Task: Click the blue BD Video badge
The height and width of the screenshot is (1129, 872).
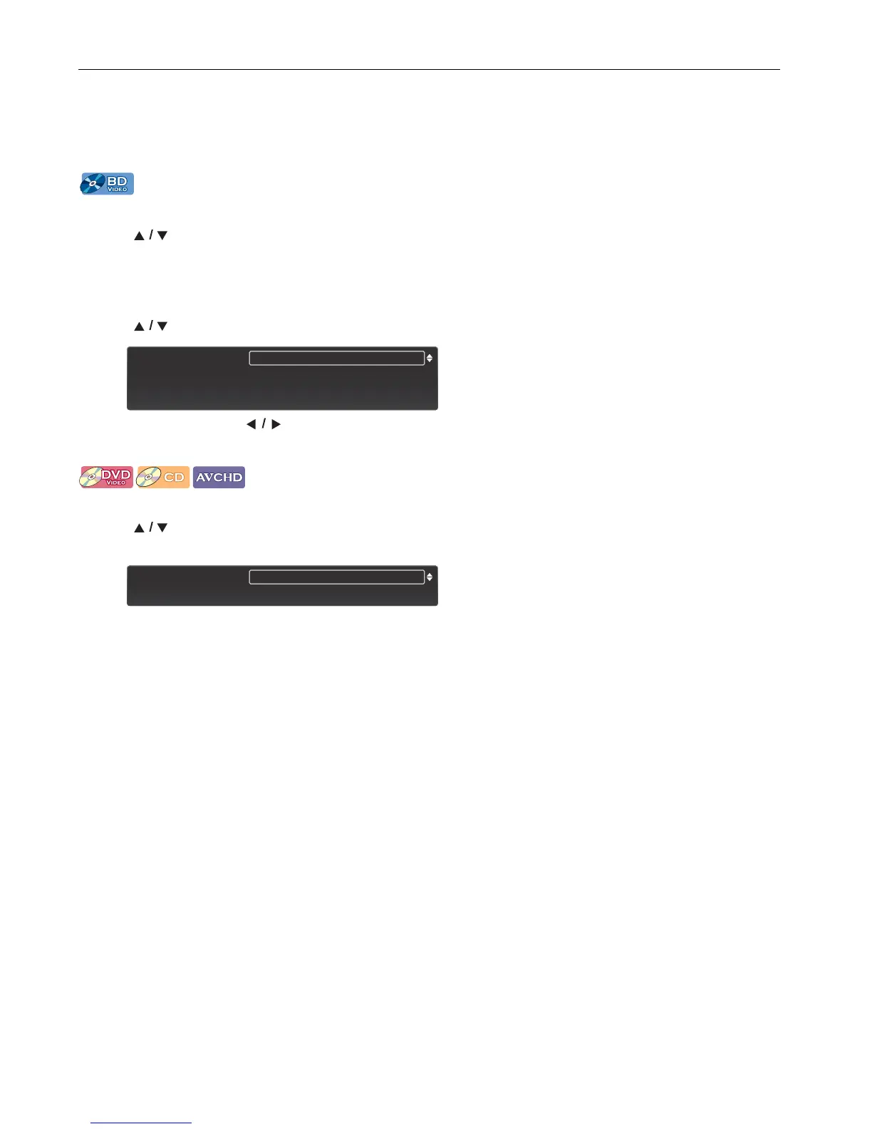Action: (107, 184)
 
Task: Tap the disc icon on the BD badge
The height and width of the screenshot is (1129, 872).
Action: (93, 184)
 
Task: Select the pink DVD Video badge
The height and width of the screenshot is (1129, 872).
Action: (106, 477)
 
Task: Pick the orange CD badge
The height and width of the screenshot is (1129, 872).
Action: (162, 477)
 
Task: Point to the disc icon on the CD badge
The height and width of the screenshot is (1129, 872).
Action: (148, 478)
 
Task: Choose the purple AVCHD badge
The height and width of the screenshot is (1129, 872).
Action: (219, 477)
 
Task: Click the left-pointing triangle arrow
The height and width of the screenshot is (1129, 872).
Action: (251, 424)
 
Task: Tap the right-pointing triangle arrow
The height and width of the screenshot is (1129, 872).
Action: (276, 424)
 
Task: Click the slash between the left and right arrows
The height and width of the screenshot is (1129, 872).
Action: (264, 424)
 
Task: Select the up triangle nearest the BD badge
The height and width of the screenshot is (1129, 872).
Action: (140, 235)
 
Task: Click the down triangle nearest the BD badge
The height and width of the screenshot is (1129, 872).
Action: (162, 235)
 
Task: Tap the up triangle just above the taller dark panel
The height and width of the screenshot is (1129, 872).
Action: (140, 326)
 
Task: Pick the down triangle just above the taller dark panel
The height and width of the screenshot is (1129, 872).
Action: (162, 326)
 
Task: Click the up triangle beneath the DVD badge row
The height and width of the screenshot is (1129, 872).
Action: (140, 528)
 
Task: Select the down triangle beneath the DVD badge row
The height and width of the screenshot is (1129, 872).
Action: (162, 528)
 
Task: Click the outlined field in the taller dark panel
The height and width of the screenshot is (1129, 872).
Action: (336, 358)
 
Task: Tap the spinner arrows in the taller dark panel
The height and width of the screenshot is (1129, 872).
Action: (430, 358)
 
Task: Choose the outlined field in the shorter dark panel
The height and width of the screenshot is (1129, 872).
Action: (336, 577)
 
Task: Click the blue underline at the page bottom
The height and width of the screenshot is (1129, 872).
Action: (141, 1123)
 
